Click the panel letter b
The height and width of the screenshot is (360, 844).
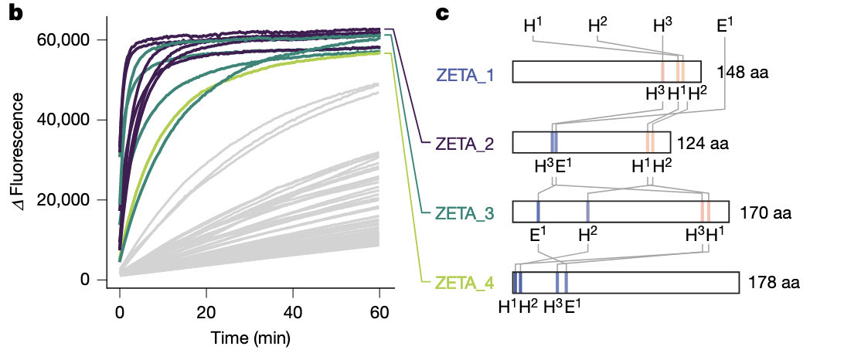point(15,12)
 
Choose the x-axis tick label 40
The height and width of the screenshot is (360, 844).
point(293,311)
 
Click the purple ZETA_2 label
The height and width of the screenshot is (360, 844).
point(465,143)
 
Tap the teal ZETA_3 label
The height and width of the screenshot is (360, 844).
point(465,212)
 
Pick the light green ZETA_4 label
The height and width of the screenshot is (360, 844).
point(465,283)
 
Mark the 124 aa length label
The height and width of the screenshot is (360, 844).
point(703,143)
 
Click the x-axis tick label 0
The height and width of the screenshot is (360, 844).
point(120,311)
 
